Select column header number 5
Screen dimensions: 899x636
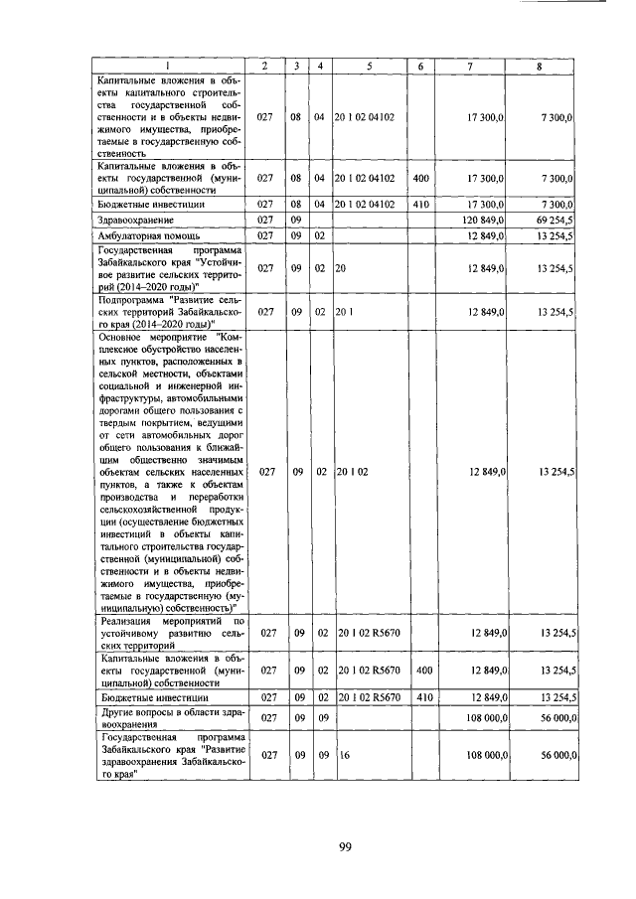369,67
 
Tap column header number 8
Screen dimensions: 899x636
539,67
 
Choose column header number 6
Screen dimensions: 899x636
420,67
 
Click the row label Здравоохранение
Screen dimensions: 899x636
136,219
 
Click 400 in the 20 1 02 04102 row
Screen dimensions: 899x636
420,179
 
